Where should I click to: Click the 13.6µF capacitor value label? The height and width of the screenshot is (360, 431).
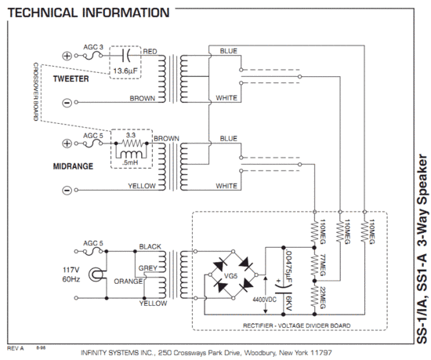125,71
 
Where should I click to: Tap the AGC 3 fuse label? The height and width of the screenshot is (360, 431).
93,47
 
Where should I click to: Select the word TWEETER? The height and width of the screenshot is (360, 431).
71,78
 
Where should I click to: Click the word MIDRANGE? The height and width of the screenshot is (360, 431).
73,166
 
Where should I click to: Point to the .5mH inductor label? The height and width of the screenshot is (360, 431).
130,162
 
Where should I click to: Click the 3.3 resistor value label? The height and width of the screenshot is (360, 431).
131,135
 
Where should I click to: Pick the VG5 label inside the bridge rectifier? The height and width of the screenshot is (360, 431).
230,275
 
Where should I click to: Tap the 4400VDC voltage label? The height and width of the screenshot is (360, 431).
264,300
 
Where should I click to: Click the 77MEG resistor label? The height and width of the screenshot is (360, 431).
323,265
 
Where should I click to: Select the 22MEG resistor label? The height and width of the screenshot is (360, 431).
323,297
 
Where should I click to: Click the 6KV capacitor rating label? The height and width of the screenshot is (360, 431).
288,303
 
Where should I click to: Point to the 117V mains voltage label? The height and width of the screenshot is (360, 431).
71,270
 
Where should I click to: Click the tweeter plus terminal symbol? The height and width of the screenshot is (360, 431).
67,56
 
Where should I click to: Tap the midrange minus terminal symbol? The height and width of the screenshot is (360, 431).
67,190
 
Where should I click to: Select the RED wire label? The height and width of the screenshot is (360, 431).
150,52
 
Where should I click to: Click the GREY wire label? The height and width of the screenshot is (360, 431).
147,268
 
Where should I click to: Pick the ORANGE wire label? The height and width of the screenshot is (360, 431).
128,282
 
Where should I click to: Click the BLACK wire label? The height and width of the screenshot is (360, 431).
150,246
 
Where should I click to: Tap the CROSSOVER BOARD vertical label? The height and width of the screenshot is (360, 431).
36,91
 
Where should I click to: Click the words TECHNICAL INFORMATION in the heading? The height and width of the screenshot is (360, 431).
89,13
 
